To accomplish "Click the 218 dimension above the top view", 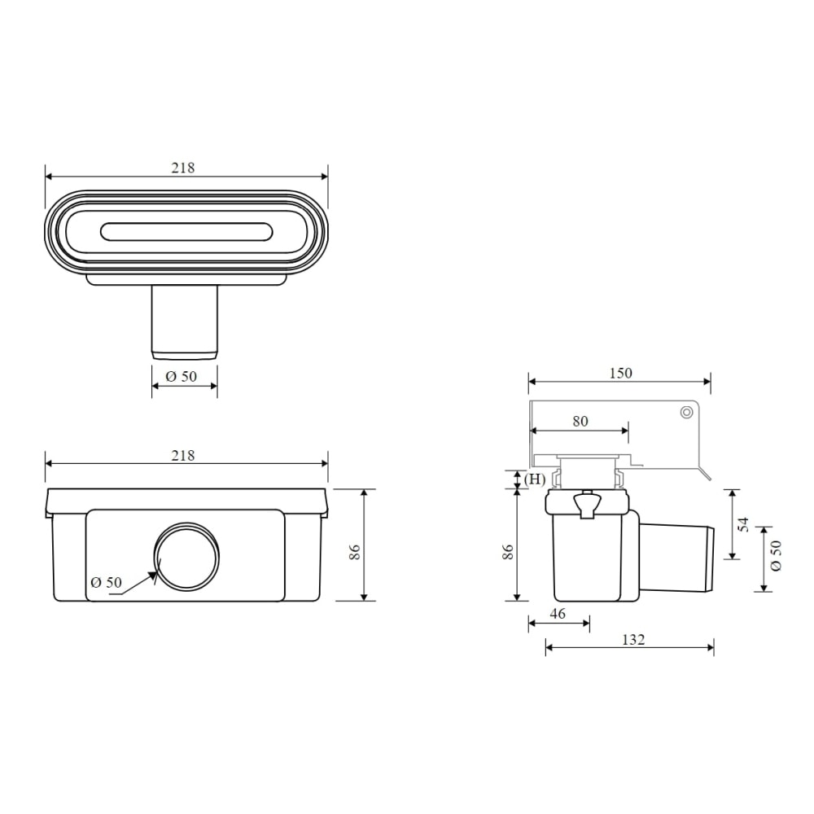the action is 182,168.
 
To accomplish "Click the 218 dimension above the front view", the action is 182,455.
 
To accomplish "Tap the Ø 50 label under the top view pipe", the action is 182,376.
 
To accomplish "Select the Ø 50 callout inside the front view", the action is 106,582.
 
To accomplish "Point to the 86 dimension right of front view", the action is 355,551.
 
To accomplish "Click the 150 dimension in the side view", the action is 620,373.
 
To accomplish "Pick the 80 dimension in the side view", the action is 580,421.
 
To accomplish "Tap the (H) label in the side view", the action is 534,479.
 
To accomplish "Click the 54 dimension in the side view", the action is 744,524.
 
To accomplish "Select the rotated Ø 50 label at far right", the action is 776,555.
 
